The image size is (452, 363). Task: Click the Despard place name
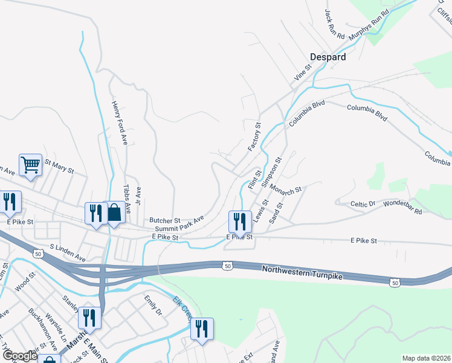point(328,57)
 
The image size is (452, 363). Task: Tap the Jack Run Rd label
point(334,24)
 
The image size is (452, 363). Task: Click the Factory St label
point(254,137)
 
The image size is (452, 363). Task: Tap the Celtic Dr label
point(364,205)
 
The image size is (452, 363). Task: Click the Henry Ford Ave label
point(120,122)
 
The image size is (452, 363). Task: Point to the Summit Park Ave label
point(179,226)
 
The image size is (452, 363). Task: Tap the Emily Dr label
point(153,306)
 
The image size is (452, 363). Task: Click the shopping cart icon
point(30,164)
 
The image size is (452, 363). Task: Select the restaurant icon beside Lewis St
point(240,221)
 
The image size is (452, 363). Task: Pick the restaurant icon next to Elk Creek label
point(202,329)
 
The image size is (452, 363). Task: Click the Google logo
point(19,356)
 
